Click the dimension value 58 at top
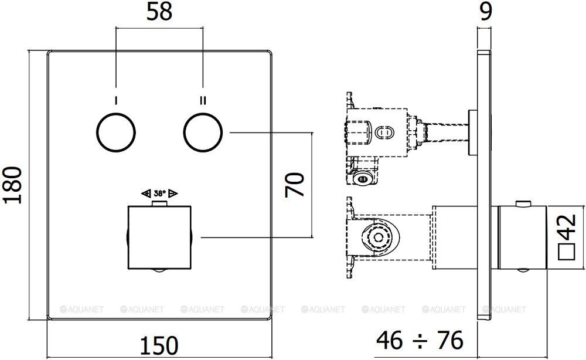pyautogui.click(x=159, y=13)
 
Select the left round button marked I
pyautogui.click(x=116, y=133)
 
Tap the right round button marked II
pyautogui.click(x=203, y=133)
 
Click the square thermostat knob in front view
pyautogui.click(x=159, y=237)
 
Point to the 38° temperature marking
pyautogui.click(x=159, y=193)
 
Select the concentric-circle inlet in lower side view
pyautogui.click(x=377, y=238)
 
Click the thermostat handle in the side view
pyautogui.click(x=521, y=238)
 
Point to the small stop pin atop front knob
pyautogui.click(x=159, y=204)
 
